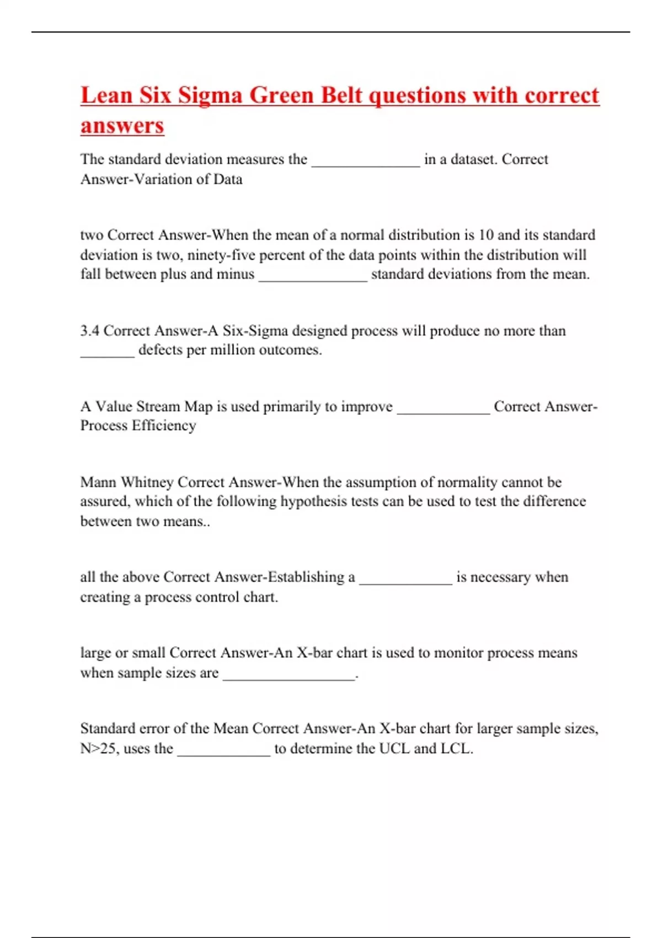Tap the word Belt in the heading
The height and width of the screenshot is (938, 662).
[341, 95]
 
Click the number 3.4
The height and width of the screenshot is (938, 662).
[89, 331]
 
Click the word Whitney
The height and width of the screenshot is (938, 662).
[147, 482]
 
